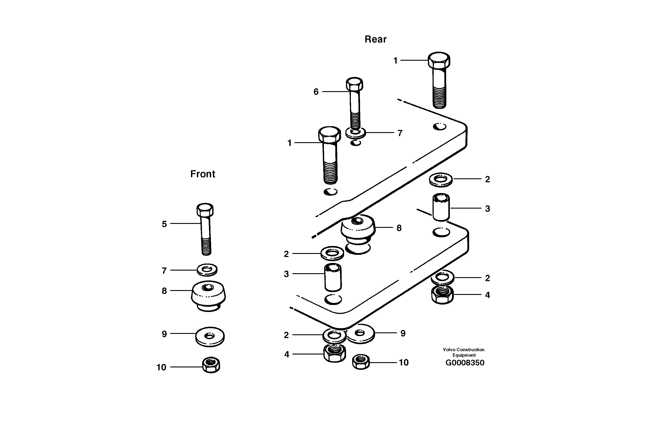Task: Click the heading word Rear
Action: (375, 39)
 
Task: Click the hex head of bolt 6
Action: (355, 84)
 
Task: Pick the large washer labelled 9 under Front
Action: (210, 336)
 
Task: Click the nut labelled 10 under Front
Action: (211, 365)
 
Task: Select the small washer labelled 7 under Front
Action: (207, 270)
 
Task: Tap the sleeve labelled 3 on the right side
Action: (441, 207)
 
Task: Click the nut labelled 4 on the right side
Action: (442, 295)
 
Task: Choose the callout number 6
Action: (316, 92)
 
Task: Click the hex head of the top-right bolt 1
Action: (439, 60)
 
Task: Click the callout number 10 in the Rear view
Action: (403, 363)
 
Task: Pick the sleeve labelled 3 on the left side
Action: (333, 277)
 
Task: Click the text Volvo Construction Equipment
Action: (463, 352)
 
